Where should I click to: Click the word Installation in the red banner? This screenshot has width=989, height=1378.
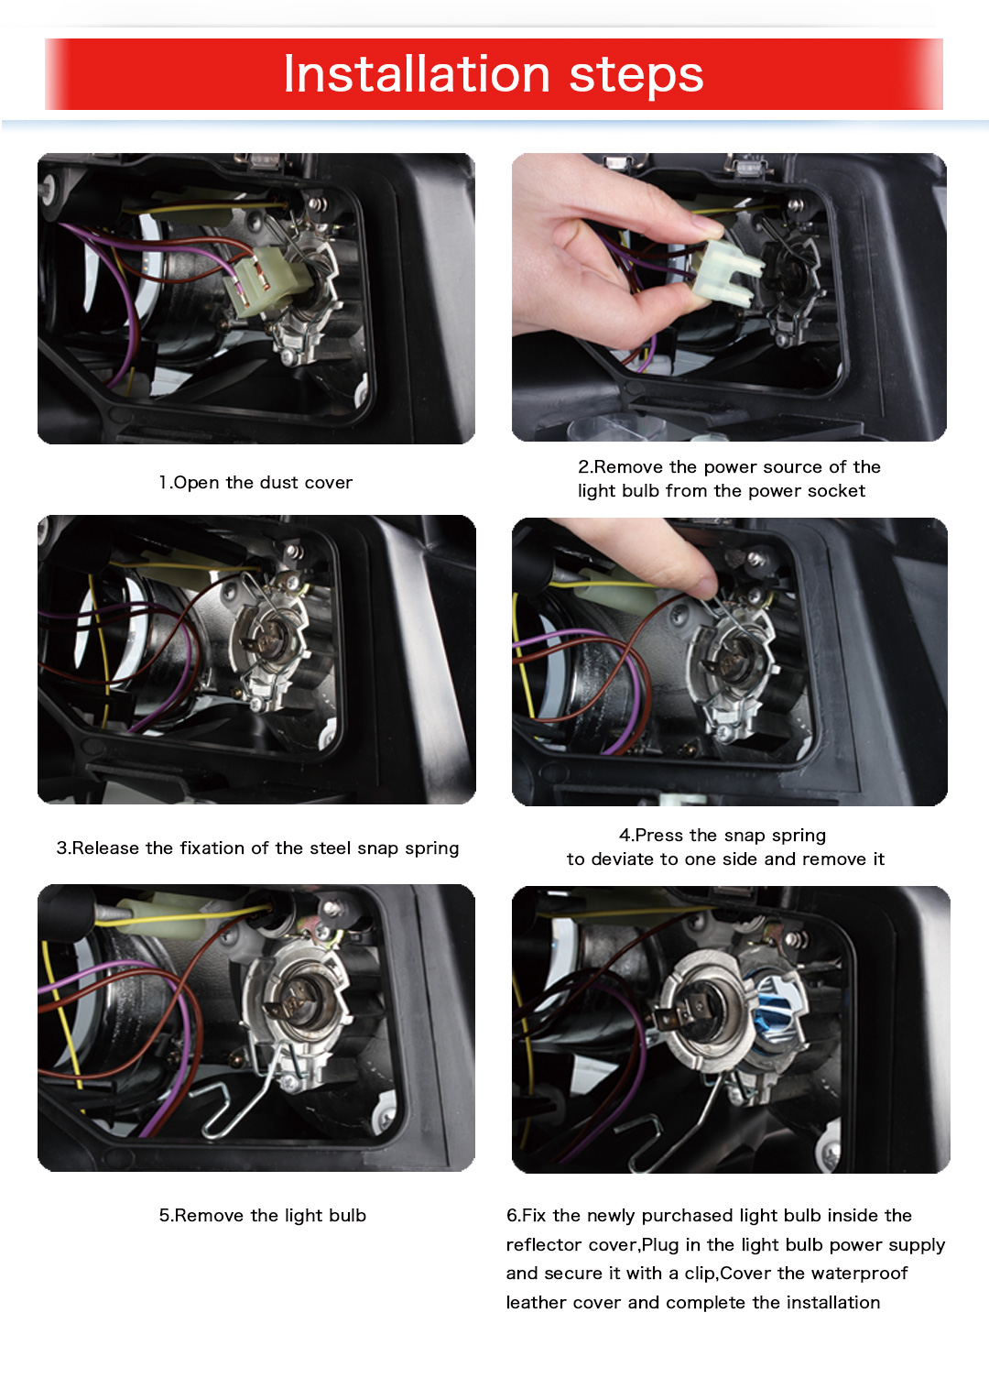point(416,74)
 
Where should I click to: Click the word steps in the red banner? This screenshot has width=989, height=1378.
point(636,77)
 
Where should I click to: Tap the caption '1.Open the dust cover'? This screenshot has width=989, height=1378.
point(255,482)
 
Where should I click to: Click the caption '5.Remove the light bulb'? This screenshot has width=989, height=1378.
point(263,1215)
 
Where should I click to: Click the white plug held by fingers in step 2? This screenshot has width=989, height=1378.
point(727,273)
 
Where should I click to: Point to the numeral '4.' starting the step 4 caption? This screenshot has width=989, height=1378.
point(627,835)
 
